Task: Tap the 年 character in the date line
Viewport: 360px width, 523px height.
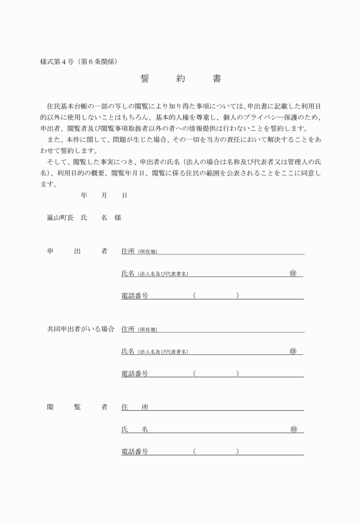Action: (84, 195)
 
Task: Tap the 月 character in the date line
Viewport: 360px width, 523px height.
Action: (104, 195)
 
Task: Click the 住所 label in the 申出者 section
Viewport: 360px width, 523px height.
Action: (128, 251)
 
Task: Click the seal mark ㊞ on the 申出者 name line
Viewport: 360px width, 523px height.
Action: (293, 273)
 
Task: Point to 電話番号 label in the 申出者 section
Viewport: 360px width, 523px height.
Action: (135, 296)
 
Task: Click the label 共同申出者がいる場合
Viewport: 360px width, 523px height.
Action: (81, 329)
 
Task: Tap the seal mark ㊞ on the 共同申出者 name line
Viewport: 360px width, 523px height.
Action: (293, 351)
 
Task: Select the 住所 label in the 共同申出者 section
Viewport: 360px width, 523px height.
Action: (128, 329)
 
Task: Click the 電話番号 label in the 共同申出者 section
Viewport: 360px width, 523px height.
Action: (135, 373)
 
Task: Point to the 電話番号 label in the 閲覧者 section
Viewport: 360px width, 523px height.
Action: (135, 452)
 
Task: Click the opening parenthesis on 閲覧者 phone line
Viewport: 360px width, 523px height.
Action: (194, 452)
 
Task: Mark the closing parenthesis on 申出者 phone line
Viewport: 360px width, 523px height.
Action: (237, 296)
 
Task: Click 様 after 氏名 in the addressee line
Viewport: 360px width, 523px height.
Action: (118, 218)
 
